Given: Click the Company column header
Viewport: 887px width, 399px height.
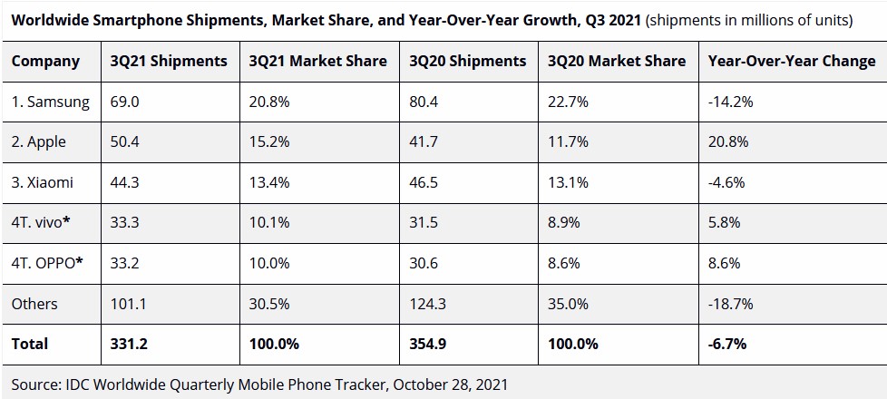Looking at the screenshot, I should (45, 62).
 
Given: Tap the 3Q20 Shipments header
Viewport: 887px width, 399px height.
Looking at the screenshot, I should (468, 62).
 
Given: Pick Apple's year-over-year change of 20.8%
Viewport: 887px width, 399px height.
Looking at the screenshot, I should (726, 142).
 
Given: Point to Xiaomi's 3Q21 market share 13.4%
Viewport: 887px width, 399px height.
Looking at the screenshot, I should (269, 182).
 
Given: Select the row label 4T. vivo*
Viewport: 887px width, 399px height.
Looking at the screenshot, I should (42, 223).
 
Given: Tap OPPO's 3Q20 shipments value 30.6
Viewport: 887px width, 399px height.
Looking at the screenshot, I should (424, 263).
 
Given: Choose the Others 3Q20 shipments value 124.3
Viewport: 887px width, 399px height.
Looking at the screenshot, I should (428, 304).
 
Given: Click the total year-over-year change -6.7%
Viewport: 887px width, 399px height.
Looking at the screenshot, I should (727, 344).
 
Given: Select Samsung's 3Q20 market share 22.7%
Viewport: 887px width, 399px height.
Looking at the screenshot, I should (568, 102).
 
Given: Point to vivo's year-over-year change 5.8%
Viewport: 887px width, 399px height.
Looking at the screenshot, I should (723, 223).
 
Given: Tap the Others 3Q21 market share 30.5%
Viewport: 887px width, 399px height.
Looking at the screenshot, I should (269, 304).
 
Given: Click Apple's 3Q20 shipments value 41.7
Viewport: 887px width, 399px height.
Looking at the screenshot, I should (424, 142).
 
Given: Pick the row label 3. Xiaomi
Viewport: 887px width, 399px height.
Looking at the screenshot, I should (43, 182).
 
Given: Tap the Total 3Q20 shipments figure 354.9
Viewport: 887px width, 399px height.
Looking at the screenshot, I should (429, 344).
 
